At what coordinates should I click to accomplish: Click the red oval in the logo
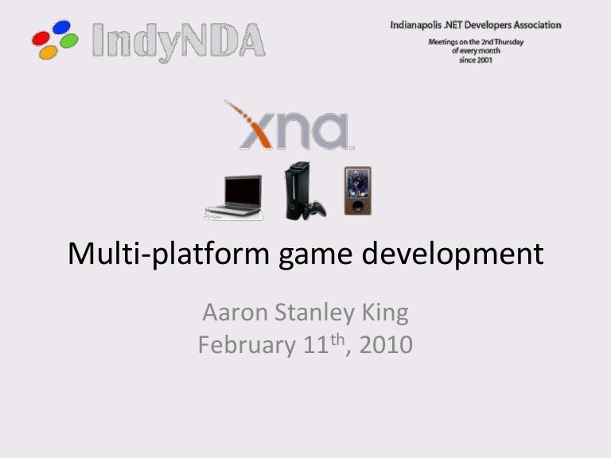click(x=41, y=38)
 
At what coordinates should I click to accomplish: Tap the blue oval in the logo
click(x=61, y=27)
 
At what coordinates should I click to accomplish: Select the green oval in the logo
click(x=69, y=41)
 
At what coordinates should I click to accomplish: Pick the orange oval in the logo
click(x=49, y=52)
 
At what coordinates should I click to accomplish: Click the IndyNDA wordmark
click(x=179, y=41)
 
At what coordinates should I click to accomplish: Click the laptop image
click(x=234, y=198)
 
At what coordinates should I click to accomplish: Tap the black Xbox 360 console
click(x=298, y=190)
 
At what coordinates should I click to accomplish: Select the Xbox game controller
click(x=316, y=210)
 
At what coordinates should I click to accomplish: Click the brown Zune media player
click(x=358, y=191)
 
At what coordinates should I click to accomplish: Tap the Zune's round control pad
click(x=358, y=206)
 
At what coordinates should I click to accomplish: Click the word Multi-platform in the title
click(x=169, y=254)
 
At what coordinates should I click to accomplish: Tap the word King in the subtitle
click(x=385, y=313)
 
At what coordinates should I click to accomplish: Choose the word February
click(x=247, y=345)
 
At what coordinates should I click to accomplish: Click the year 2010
click(x=386, y=344)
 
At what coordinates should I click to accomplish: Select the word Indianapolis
click(x=416, y=25)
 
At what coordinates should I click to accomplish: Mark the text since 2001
click(x=476, y=60)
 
